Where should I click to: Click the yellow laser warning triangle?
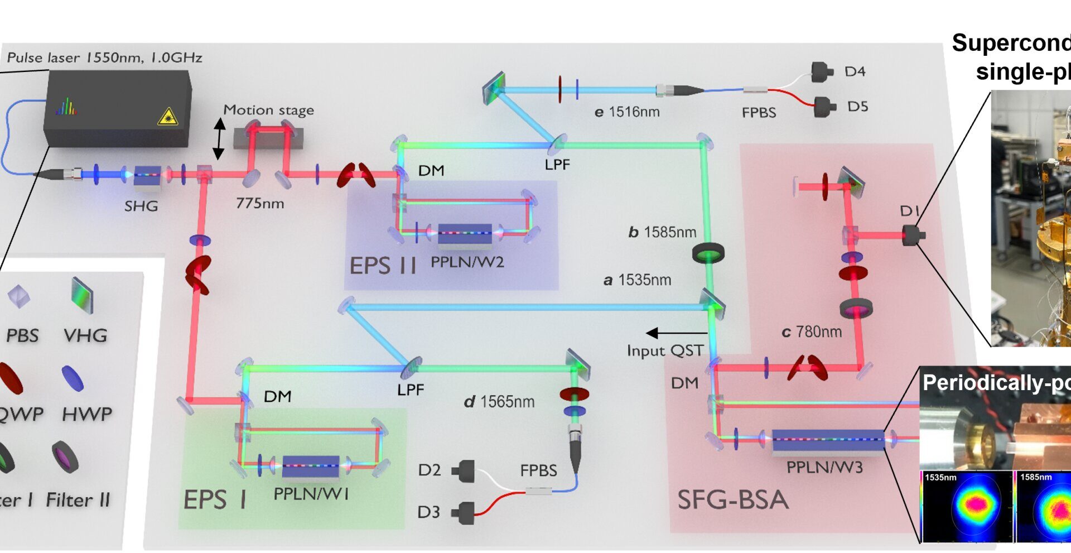tap(167, 117)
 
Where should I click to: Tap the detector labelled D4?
tap(822, 71)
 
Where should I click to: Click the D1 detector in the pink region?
tap(913, 235)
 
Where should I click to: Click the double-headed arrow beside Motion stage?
tap(219, 138)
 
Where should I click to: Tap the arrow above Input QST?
tap(676, 333)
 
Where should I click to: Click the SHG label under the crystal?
tap(141, 206)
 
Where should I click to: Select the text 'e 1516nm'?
tap(627, 112)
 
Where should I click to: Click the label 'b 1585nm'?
tap(662, 232)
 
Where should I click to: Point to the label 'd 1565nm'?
tap(499, 402)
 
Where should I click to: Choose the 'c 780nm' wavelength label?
tap(812, 332)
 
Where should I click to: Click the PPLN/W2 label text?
tap(467, 262)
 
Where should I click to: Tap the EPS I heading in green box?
tap(215, 500)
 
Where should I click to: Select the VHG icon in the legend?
tap(82, 296)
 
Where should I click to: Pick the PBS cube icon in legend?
tap(18, 296)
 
